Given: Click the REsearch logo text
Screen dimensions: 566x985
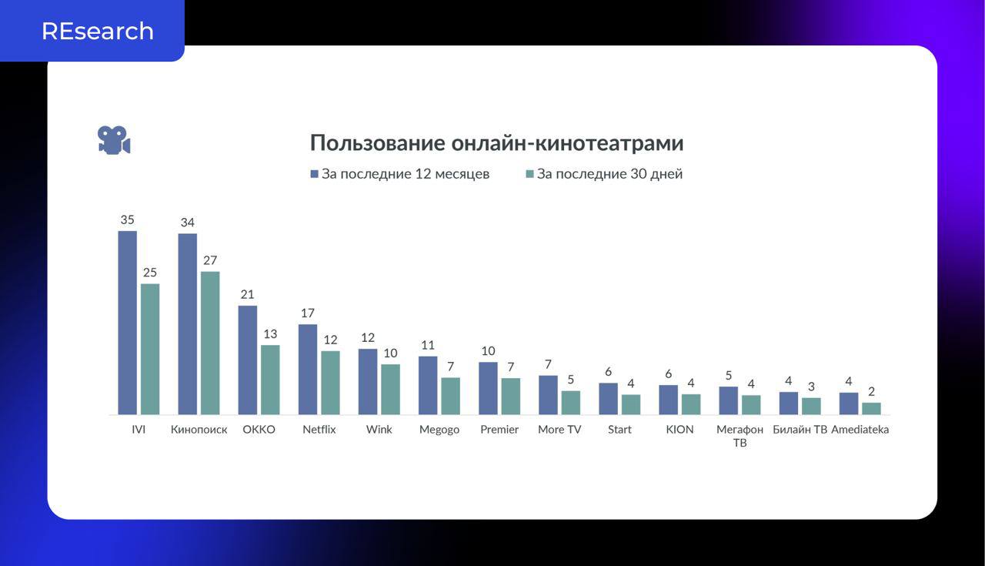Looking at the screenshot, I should click(x=98, y=31).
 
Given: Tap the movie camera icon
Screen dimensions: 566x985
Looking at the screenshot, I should click(x=114, y=140).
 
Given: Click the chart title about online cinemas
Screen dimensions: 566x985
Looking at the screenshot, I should click(x=496, y=143).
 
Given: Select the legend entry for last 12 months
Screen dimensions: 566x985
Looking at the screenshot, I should click(x=399, y=174).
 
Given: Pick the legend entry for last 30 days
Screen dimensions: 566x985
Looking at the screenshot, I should click(x=604, y=174).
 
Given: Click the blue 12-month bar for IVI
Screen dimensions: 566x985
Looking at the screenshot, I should click(x=128, y=323).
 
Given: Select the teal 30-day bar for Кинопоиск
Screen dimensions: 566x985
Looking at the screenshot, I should click(x=210, y=343).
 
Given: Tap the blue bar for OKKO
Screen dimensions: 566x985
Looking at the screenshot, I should click(x=248, y=360).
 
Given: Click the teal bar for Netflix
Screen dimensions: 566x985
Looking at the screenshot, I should click(x=330, y=383).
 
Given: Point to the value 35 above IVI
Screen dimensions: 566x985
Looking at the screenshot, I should click(x=127, y=220).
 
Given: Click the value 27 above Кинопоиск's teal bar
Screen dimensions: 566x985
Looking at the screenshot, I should click(x=210, y=260).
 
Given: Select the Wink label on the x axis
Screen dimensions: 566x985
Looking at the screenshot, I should click(x=379, y=430).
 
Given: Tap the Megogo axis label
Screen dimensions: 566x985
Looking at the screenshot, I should click(x=439, y=430).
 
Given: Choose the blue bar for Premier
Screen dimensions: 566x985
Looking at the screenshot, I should click(x=488, y=388).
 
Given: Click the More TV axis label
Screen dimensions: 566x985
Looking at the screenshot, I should click(x=559, y=430).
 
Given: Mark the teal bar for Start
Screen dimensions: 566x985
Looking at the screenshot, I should click(x=631, y=404).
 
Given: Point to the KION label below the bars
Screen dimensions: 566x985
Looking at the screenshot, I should click(x=679, y=430).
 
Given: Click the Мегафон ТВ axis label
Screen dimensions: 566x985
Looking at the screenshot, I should click(x=740, y=436).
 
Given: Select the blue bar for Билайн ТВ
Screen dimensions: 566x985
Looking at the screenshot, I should click(x=788, y=404).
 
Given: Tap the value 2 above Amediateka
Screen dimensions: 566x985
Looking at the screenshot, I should click(x=871, y=392).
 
